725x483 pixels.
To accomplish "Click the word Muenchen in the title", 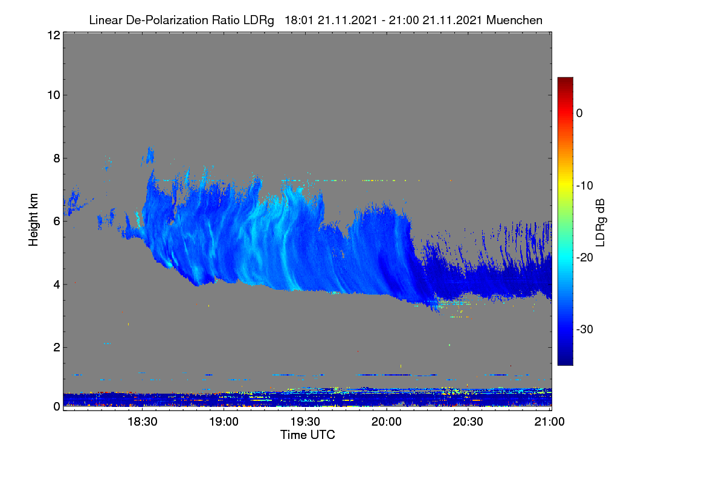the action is (514, 20).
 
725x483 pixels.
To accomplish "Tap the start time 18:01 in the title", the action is (298, 20).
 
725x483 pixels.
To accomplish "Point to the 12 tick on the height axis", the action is (54, 35).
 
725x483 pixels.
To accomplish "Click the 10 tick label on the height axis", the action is (54, 95).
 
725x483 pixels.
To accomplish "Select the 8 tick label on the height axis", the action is (57, 158).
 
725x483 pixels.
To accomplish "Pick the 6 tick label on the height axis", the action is (57, 222).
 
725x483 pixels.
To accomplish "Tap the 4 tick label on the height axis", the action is (57, 284).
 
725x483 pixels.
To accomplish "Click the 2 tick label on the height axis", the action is (57, 347).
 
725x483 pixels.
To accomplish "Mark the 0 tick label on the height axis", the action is (57, 406).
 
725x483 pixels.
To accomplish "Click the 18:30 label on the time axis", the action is (143, 421).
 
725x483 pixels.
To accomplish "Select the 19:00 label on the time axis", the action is (224, 421).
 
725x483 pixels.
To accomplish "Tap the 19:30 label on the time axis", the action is (305, 421).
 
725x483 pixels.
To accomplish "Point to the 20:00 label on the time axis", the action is (387, 421).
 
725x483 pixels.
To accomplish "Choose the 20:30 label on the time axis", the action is (468, 421).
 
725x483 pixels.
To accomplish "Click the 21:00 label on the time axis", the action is (549, 421).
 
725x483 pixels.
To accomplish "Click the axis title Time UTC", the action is (308, 435).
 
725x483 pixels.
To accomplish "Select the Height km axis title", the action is (33, 220).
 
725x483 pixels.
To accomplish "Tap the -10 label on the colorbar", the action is (585, 186).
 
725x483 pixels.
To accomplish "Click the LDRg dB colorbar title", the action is (601, 223).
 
